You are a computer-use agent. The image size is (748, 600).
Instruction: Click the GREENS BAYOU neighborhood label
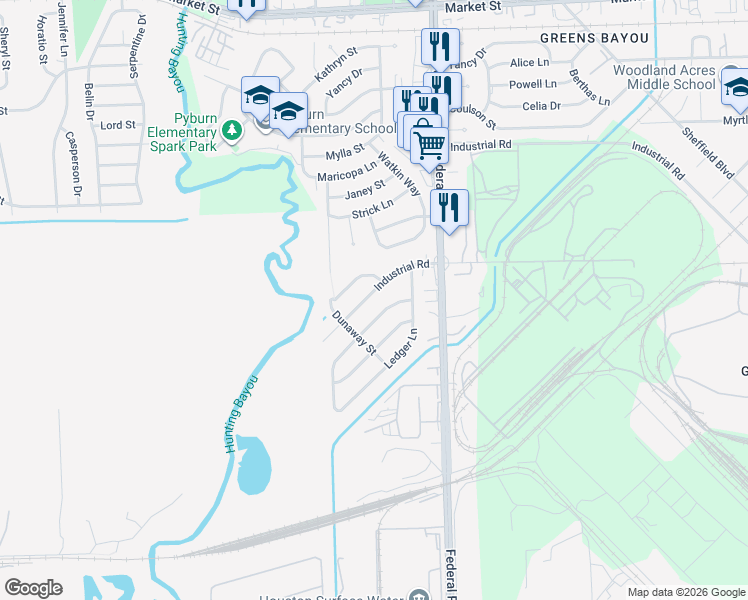(x=594, y=37)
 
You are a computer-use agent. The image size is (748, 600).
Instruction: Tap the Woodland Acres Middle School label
(x=664, y=78)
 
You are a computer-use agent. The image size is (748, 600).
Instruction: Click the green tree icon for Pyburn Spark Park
(x=232, y=130)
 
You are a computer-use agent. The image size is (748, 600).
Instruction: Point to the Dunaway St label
(x=353, y=334)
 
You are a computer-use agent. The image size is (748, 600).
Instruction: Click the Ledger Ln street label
(x=401, y=347)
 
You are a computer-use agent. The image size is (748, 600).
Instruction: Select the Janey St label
(x=365, y=189)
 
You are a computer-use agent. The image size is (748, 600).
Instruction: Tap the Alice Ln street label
(x=530, y=63)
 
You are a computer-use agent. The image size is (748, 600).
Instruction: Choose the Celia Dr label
(x=541, y=106)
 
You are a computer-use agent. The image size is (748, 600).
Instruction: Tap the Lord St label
(x=118, y=125)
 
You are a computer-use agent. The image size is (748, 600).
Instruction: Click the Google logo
(x=33, y=588)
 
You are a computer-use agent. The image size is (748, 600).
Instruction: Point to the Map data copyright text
(x=685, y=592)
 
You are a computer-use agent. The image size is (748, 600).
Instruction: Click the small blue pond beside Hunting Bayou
(x=254, y=465)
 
